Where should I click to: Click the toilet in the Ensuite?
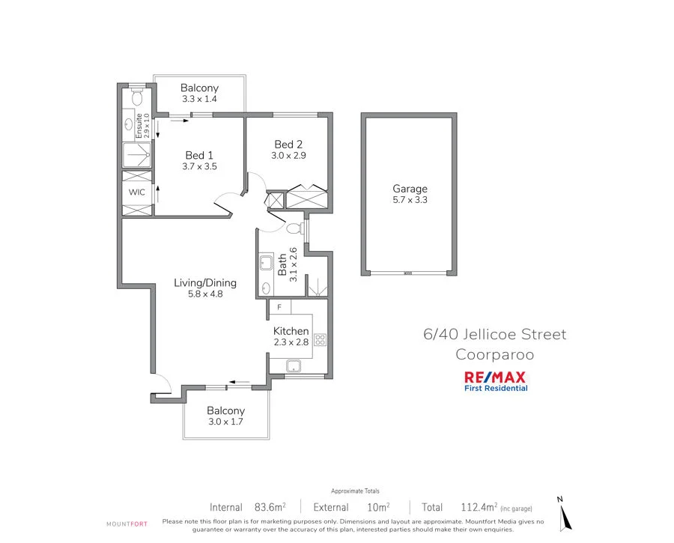click(136, 99)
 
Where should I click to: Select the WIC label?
click(136, 192)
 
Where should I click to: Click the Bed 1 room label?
click(199, 155)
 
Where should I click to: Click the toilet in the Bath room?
click(294, 227)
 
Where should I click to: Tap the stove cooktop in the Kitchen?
click(320, 339)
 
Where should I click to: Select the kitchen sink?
click(294, 365)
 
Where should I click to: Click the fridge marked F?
click(279, 307)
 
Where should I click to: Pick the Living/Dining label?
click(205, 282)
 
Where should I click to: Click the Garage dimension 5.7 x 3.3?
click(410, 200)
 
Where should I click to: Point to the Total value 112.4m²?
click(473, 507)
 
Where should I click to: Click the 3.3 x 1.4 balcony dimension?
click(199, 98)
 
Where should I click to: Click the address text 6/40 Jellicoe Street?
click(491, 334)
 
